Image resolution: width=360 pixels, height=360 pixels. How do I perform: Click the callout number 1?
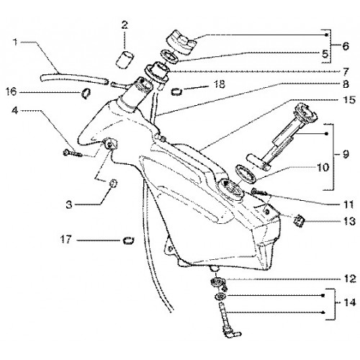[x=15, y=42]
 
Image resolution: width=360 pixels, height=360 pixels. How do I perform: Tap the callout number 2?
[x=125, y=25]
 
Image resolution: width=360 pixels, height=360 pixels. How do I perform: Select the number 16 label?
[x=12, y=91]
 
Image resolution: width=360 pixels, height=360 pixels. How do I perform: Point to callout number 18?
[x=219, y=84]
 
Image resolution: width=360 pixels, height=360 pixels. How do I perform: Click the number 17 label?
[x=66, y=239]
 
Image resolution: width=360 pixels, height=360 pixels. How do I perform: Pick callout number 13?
[x=349, y=221]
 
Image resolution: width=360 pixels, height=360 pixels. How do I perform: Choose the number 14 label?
[x=350, y=302]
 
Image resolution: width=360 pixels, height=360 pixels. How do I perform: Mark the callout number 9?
[x=345, y=155]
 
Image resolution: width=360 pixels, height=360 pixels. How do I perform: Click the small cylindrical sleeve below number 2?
[x=125, y=60]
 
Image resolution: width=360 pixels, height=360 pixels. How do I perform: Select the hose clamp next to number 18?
[x=176, y=91]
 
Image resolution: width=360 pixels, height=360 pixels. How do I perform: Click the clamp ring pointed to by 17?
[x=128, y=240]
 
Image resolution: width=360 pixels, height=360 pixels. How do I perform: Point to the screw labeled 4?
[x=73, y=153]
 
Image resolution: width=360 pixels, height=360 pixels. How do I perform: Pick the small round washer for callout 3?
[x=113, y=184]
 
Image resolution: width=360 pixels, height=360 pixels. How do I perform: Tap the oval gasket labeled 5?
[x=170, y=57]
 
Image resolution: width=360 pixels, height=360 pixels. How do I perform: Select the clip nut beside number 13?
[x=299, y=221]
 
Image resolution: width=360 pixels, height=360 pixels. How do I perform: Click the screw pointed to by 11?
[x=259, y=192]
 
